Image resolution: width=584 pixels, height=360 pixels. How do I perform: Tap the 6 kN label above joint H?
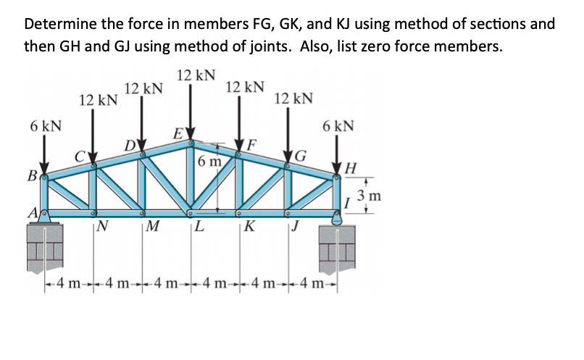[x=338, y=126]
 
